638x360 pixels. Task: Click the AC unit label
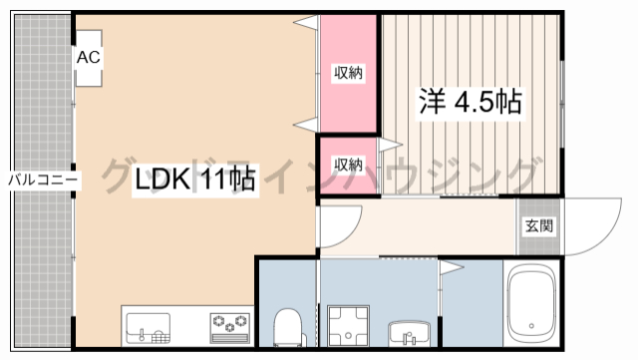(x=89, y=57)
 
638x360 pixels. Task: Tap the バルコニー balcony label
(x=43, y=180)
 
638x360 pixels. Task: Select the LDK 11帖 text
(x=195, y=179)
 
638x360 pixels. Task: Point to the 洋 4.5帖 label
(x=471, y=103)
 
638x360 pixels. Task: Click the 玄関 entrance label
(x=539, y=225)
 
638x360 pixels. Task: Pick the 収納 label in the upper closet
(x=348, y=73)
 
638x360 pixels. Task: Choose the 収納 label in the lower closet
(x=348, y=165)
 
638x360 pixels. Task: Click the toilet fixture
(x=288, y=327)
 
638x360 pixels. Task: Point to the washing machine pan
(x=348, y=326)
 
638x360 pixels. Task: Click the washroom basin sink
(x=409, y=334)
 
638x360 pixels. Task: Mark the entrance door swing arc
(x=609, y=237)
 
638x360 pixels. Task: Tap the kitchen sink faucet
(x=142, y=334)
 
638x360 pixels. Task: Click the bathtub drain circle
(x=531, y=326)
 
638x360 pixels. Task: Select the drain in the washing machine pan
(x=348, y=335)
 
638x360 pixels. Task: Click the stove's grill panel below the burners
(x=230, y=338)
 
